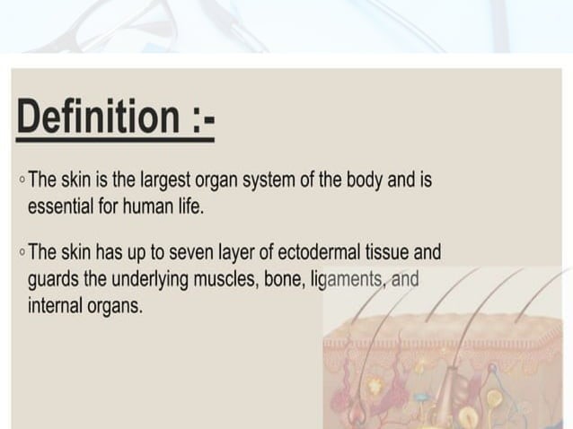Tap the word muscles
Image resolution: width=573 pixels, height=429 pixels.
tap(224, 279)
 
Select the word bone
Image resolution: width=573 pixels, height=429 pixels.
tap(284, 279)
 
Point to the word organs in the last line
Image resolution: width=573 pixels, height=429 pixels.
tap(115, 305)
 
